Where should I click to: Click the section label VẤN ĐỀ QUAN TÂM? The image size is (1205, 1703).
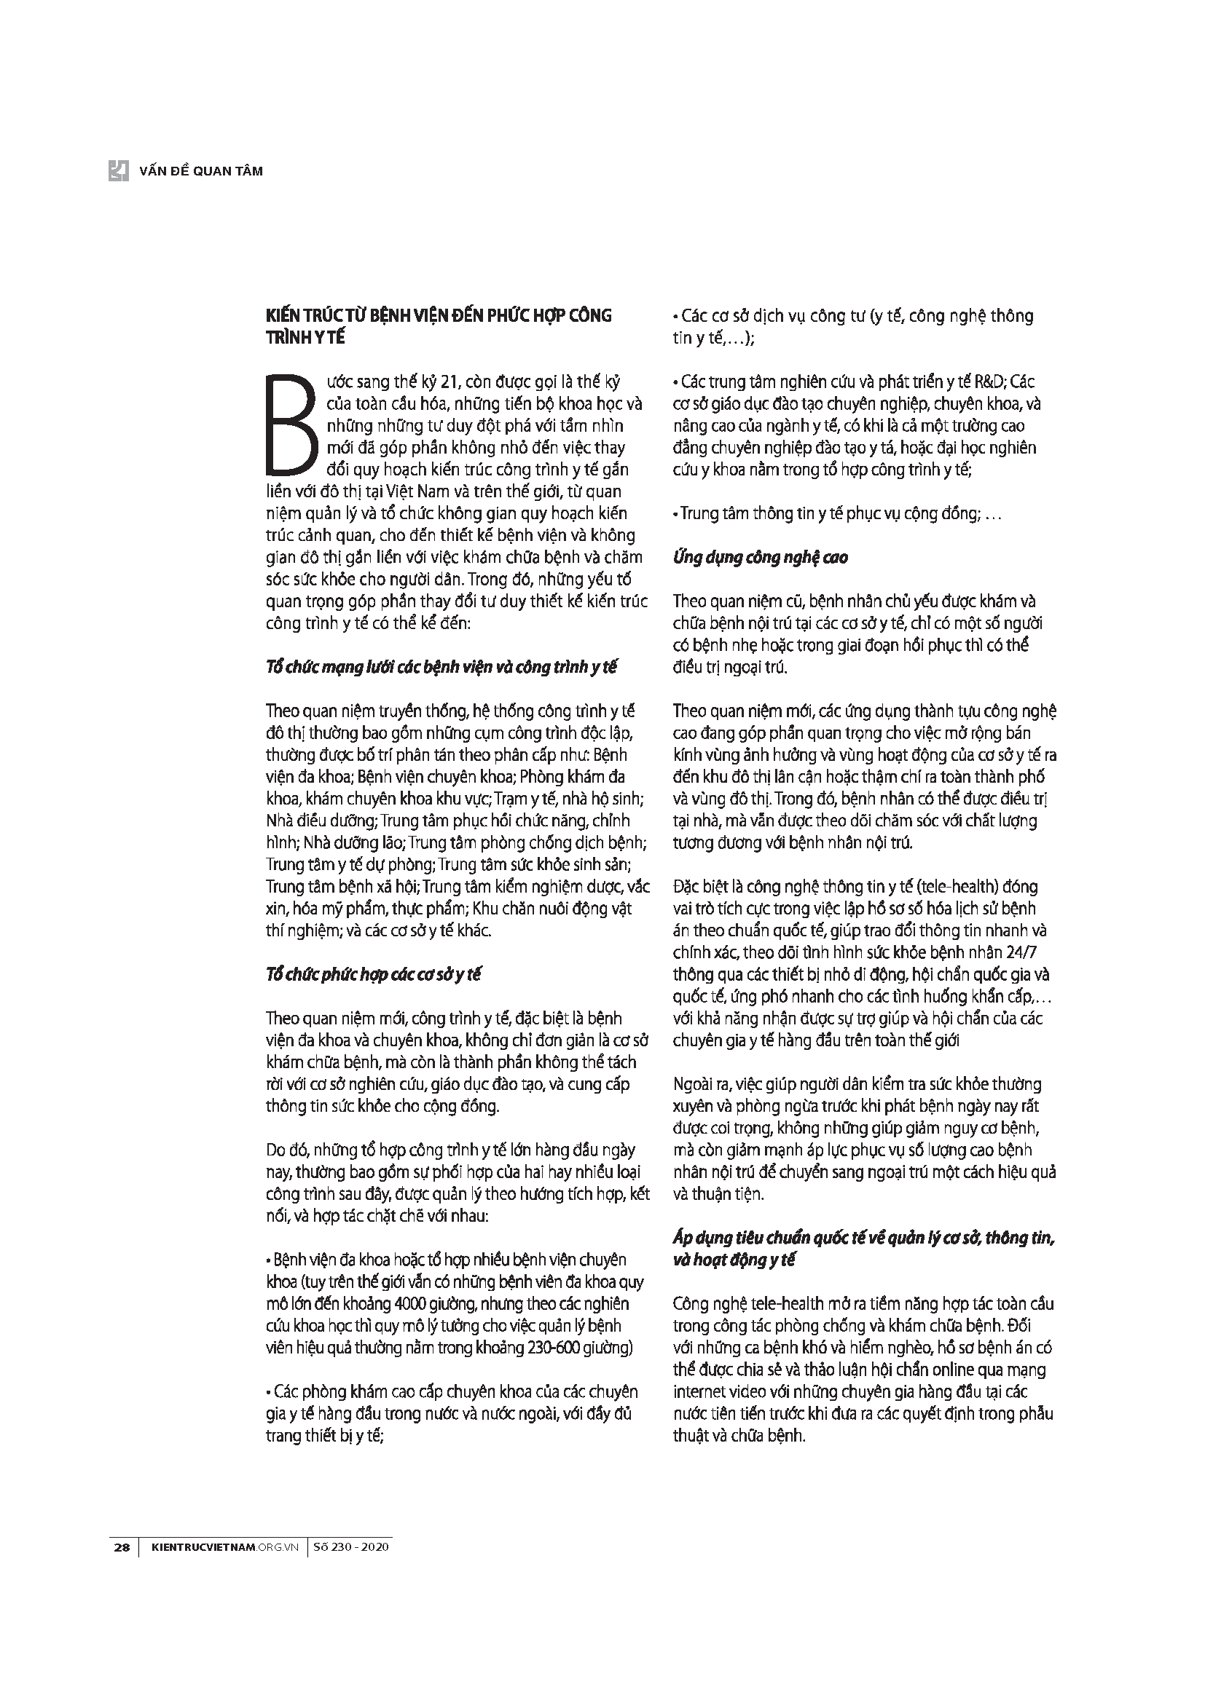201,171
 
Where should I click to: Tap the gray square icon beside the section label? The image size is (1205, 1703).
119,170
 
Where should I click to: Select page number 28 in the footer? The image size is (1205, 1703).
122,1547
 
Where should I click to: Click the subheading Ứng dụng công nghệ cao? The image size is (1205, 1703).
760,558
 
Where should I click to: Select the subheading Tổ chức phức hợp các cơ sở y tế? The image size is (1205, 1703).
373,975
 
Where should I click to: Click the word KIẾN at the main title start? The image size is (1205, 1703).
285,316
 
